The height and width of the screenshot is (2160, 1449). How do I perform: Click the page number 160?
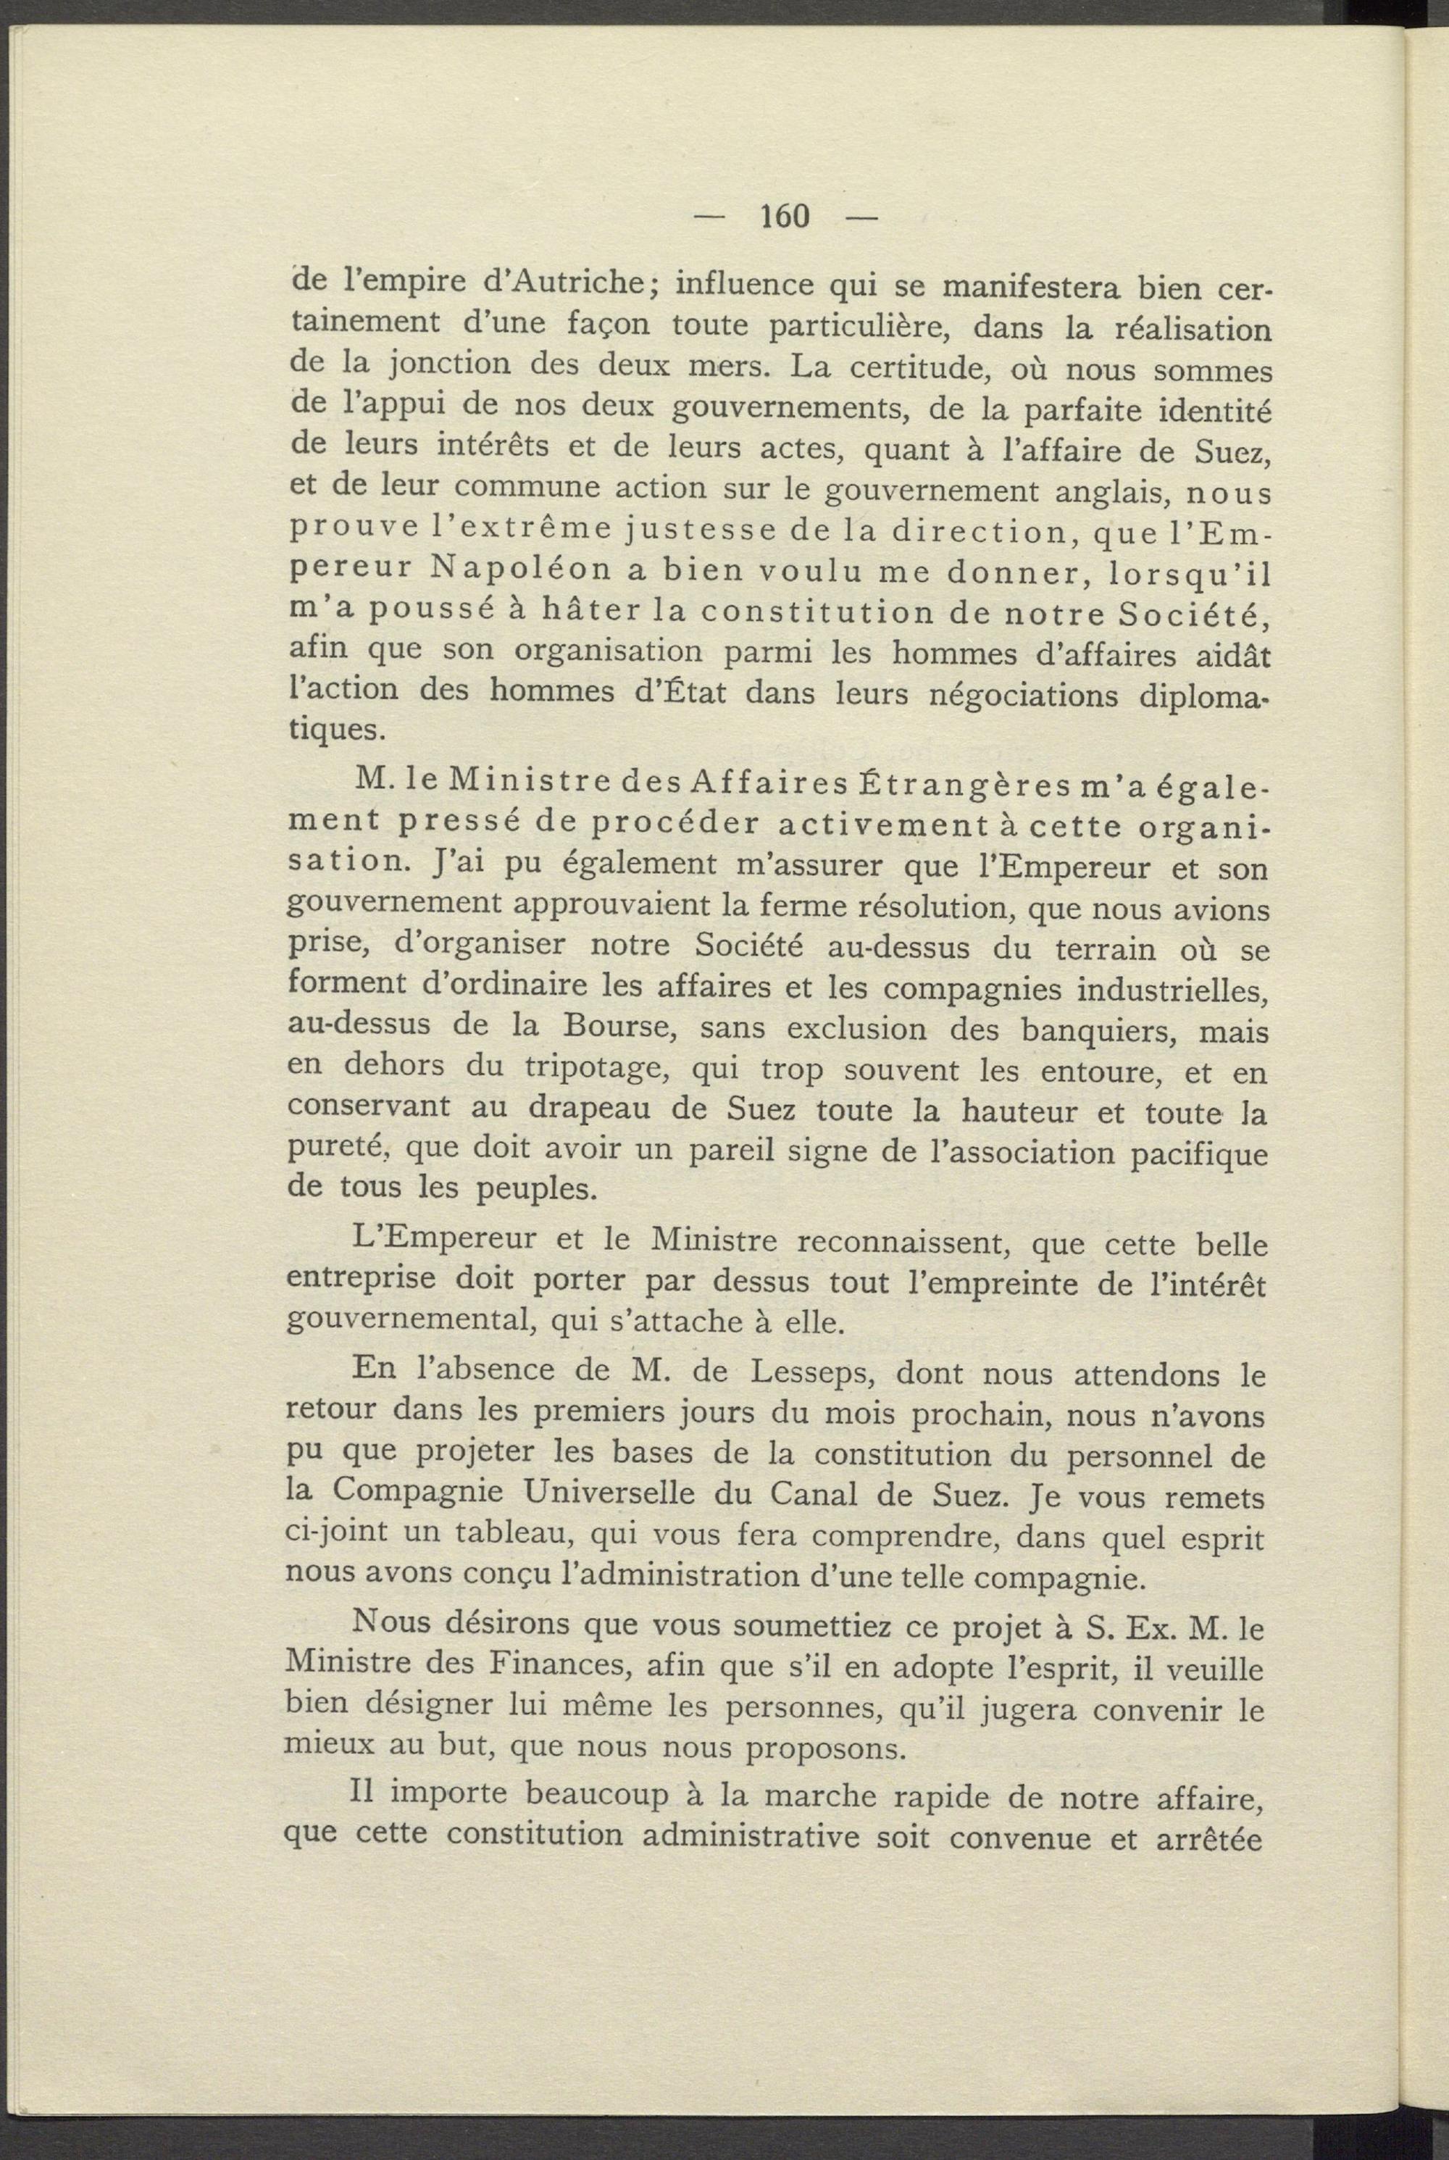coord(785,216)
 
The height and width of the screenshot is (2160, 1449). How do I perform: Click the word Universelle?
coord(613,1492)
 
